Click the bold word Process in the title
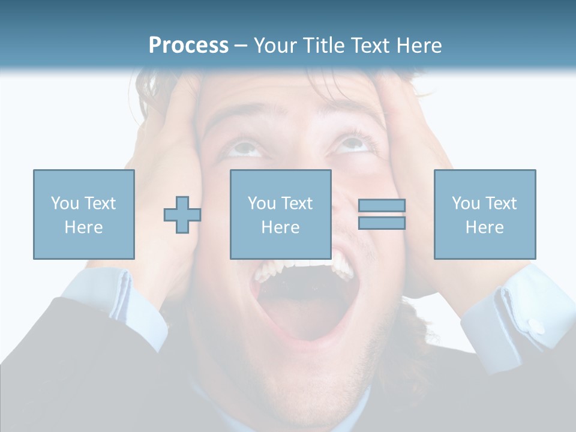point(188,46)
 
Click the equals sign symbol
point(382,214)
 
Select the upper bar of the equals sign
point(382,206)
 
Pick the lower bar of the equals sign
point(382,223)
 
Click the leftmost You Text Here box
point(83,214)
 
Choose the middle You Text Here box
point(280,214)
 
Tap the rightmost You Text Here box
point(484,214)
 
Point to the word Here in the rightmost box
point(484,227)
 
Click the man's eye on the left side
point(246,146)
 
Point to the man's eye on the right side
point(353,144)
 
